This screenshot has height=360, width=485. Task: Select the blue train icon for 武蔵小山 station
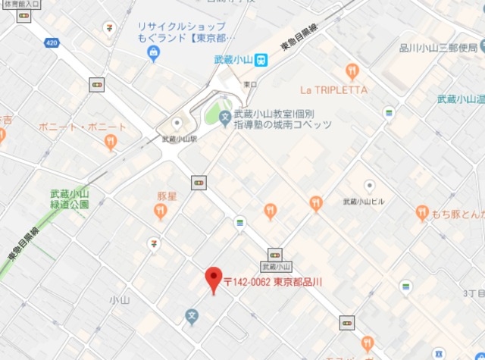261,59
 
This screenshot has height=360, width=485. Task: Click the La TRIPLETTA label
333,89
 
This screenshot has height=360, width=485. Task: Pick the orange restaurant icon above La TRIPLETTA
352,71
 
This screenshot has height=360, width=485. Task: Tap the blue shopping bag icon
154,53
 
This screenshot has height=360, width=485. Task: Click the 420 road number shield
52,43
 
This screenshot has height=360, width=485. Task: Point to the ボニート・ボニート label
82,126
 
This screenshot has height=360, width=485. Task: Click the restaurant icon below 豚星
161,212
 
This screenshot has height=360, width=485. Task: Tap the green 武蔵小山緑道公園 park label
69,199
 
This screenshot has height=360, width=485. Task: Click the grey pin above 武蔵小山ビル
369,186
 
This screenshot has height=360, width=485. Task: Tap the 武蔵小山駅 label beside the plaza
180,139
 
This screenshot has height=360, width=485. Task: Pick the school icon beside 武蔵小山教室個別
224,119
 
